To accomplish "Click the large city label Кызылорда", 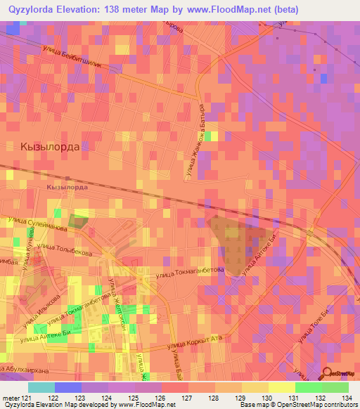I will [x=51, y=147].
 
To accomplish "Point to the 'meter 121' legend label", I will [x=15, y=398].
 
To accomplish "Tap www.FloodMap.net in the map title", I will [x=239, y=9].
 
